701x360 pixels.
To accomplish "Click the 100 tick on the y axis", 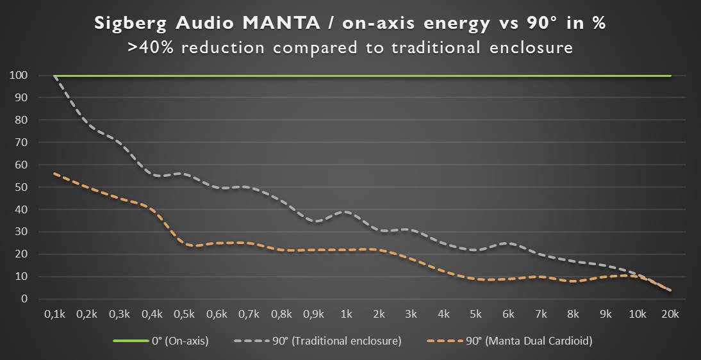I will pyautogui.click(x=19, y=76).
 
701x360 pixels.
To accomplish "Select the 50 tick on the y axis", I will pyautogui.click(x=21, y=187).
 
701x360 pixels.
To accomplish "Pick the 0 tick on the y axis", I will pyautogui.click(x=24, y=299).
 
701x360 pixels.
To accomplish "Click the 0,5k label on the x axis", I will pyautogui.click(x=184, y=315).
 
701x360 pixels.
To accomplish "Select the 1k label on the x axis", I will pyautogui.click(x=346, y=315).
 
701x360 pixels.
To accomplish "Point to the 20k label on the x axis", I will pyautogui.click(x=670, y=315).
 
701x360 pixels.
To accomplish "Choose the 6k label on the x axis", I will pyautogui.click(x=508, y=315).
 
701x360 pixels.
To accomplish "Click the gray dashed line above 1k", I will pyautogui.click(x=346, y=212).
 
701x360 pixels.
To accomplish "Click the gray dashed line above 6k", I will pyautogui.click(x=508, y=243).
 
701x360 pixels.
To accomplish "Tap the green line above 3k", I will pyautogui.click(x=411, y=76).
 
